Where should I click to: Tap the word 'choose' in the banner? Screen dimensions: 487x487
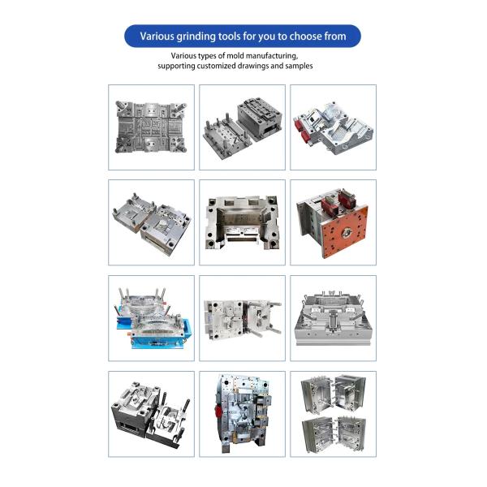[x=306, y=37]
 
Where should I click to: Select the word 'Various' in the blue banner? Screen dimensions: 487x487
[x=157, y=37]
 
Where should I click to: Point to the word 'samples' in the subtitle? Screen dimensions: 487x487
[x=299, y=66]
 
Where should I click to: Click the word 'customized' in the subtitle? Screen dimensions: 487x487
[x=217, y=66]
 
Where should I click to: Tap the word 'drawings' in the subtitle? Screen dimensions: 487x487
[x=253, y=66]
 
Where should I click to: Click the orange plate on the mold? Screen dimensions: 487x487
[x=344, y=231]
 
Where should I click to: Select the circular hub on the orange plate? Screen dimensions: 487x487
[x=347, y=232]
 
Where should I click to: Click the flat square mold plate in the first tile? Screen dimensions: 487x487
[x=151, y=127]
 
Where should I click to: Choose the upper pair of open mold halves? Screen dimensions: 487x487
[x=334, y=394]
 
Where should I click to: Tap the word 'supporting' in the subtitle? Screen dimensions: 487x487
[x=176, y=66]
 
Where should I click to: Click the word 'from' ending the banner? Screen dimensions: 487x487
[x=335, y=37]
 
